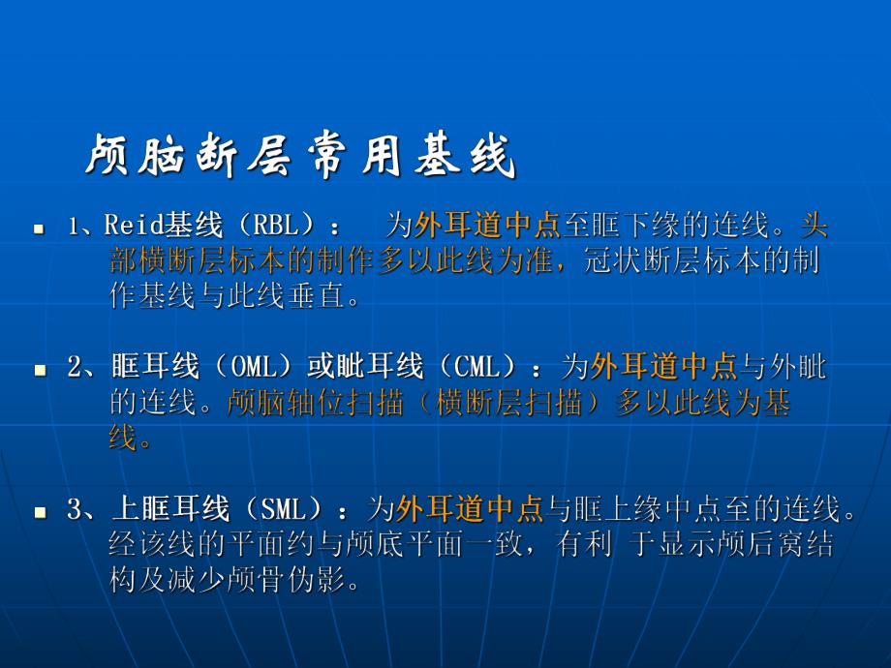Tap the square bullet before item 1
[40, 230]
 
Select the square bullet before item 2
[40, 370]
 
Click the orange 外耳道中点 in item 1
[488, 227]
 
